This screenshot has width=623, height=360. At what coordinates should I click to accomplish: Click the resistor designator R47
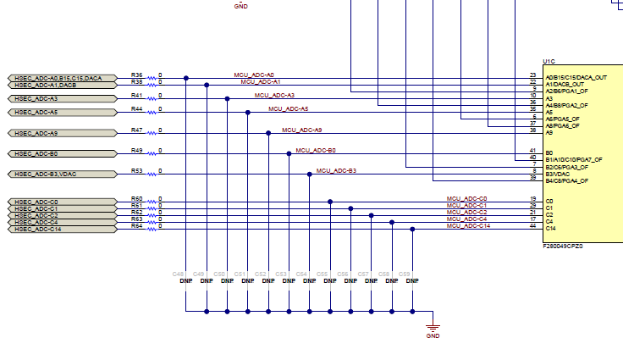(x=136, y=130)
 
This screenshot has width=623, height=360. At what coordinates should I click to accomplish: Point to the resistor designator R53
(x=136, y=170)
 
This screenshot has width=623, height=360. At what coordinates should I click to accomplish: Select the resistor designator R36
(x=136, y=75)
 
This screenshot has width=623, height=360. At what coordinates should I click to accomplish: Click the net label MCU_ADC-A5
(x=289, y=108)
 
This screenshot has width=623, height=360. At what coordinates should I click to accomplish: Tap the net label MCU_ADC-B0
(x=316, y=150)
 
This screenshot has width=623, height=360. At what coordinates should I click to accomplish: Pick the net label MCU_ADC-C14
(x=468, y=225)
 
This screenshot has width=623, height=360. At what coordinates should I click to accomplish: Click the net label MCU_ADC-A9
(x=301, y=130)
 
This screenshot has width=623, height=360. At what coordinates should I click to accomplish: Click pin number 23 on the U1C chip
(x=532, y=75)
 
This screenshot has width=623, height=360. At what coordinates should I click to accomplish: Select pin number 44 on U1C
(x=532, y=225)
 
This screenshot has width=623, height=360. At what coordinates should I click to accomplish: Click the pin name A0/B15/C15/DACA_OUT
(x=576, y=77)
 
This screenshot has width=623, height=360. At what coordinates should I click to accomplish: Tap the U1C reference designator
(x=549, y=62)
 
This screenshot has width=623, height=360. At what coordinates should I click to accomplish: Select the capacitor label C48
(x=178, y=274)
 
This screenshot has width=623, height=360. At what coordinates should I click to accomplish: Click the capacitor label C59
(x=405, y=274)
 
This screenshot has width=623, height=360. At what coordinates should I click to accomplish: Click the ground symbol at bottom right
(x=433, y=330)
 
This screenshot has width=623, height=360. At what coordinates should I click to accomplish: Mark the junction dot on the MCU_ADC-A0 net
(x=186, y=79)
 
